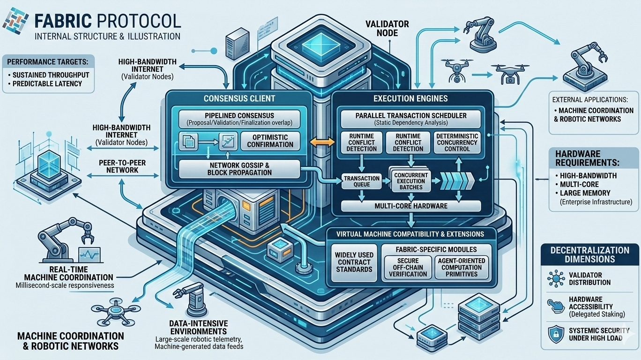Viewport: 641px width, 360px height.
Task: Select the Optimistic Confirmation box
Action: (x=270, y=141)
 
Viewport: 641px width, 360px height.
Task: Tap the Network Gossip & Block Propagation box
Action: (x=239, y=168)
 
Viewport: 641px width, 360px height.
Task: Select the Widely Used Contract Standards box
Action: (x=354, y=262)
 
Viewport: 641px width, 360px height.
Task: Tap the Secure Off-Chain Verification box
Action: (x=408, y=267)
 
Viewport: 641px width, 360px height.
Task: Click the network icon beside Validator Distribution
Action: (x=556, y=278)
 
